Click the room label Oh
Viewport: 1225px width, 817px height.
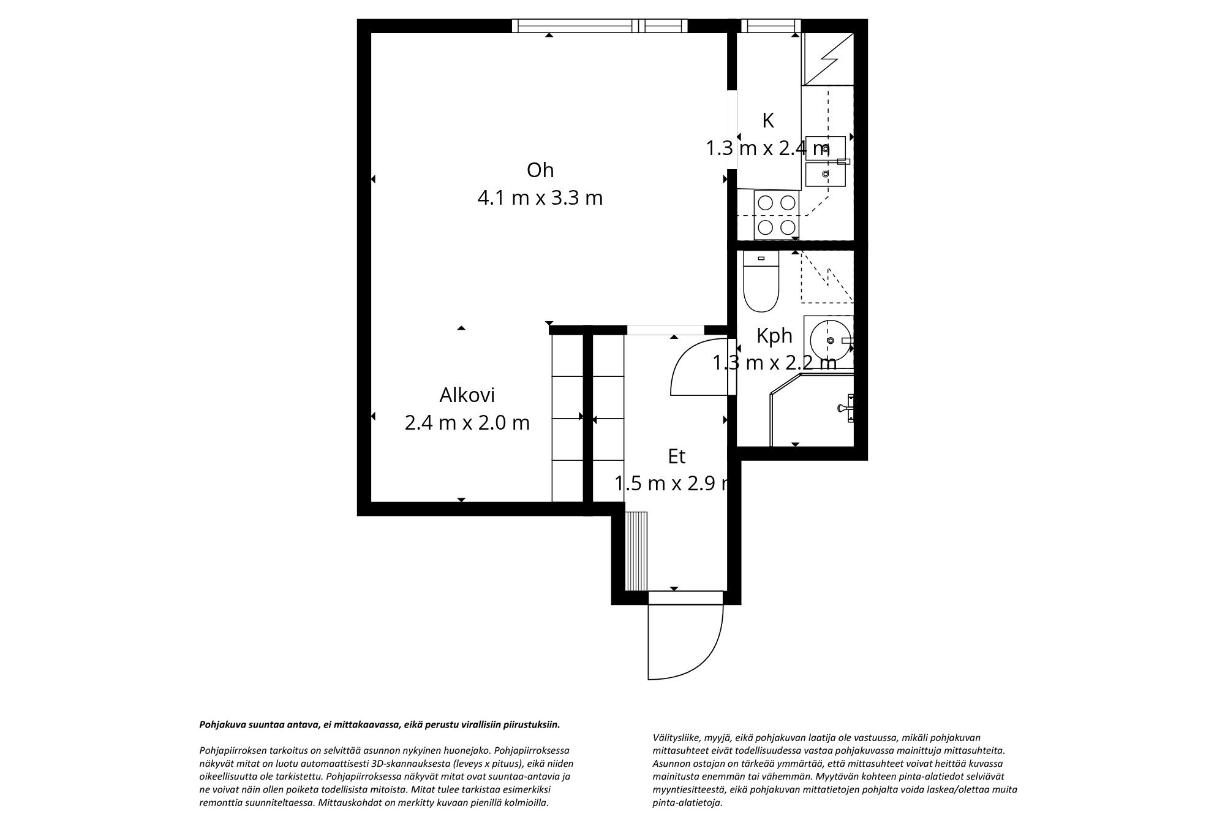tap(540, 170)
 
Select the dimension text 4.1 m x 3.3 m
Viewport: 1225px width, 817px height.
tap(540, 198)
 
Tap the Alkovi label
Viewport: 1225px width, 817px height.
tap(467, 395)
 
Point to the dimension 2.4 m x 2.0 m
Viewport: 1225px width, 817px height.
tap(467, 423)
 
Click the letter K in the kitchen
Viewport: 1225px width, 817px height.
tap(768, 121)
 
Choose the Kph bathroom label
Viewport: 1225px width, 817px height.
tap(774, 336)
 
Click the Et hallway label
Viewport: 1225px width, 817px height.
tap(676, 456)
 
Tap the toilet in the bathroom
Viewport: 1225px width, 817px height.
tap(761, 282)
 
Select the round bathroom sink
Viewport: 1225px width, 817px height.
tap(829, 340)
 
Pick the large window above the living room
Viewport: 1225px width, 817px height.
tap(600, 26)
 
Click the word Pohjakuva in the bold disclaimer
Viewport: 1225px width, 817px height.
tap(221, 724)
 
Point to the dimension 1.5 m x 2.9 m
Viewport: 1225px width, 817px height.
tap(673, 484)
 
